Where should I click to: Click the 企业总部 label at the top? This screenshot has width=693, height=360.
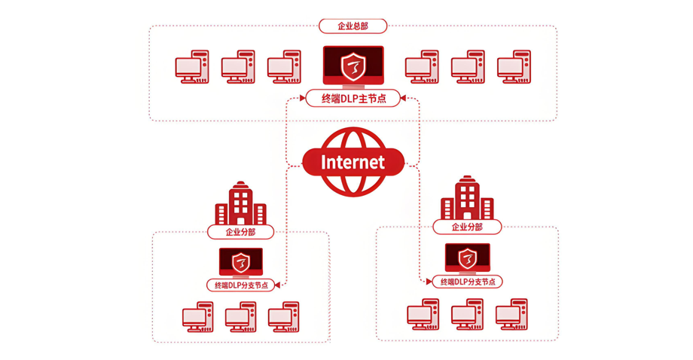[353, 26]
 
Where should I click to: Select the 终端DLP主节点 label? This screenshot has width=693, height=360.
[353, 98]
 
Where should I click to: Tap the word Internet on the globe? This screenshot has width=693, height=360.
[353, 162]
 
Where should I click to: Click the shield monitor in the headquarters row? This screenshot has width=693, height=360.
[353, 66]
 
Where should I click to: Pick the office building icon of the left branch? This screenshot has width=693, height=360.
[241, 203]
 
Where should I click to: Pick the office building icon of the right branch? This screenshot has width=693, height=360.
[467, 198]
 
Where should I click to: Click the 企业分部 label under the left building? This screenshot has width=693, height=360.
[241, 232]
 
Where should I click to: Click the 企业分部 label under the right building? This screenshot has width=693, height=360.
[466, 227]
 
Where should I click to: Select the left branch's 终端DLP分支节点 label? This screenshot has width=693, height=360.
[241, 285]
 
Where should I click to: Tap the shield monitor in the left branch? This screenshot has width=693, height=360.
[241, 262]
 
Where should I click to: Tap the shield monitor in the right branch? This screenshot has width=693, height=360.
[467, 258]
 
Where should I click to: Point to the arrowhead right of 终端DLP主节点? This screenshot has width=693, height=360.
[405, 98]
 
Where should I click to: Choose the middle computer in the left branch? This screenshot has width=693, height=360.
[241, 317]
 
